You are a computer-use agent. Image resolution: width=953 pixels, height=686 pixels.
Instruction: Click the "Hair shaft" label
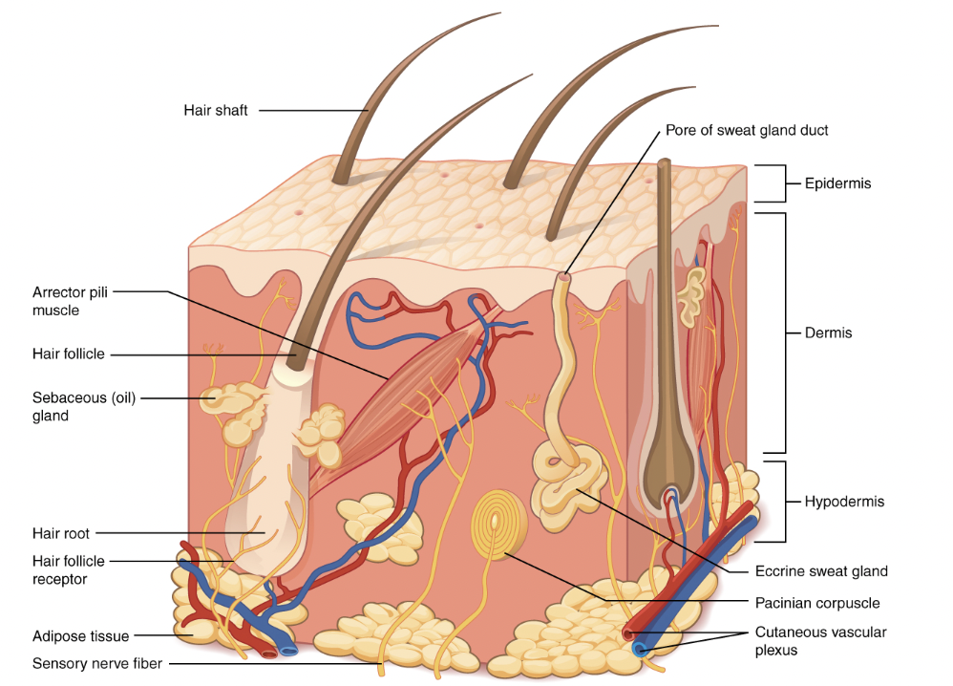coord(216,110)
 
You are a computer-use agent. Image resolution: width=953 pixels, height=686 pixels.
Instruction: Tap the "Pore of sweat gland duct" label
coord(747,130)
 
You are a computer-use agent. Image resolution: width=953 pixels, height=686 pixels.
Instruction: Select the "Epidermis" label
coord(837,183)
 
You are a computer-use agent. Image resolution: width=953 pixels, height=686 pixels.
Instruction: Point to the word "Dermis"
coord(829,332)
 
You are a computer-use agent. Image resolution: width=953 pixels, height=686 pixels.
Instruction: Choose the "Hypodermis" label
coord(844,502)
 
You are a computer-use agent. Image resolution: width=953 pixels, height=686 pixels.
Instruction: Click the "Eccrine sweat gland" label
coord(821,571)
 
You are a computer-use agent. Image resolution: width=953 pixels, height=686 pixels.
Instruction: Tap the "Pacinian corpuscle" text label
coord(817,603)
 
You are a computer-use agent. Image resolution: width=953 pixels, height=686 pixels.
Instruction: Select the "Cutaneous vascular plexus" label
coord(820,641)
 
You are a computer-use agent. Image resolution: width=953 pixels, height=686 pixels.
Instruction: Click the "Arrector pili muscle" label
coord(70,301)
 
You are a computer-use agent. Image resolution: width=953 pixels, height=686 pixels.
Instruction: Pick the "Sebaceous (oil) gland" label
coord(84,406)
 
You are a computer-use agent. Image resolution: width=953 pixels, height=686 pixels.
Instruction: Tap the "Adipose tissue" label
coord(81,636)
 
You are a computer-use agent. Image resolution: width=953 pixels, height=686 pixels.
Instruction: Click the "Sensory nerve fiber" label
coord(97,663)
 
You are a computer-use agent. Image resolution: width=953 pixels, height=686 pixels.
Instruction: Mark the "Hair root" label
coord(61,533)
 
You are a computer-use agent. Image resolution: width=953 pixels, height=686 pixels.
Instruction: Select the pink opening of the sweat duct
coord(564,277)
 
